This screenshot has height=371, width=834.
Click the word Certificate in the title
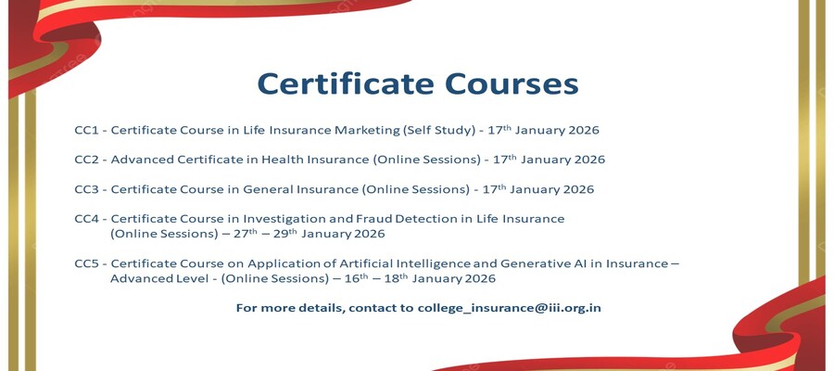347,83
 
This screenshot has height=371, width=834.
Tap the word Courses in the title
512,84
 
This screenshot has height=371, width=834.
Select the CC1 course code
87,131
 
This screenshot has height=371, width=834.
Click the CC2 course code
87,160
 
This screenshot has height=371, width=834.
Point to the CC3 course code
87,189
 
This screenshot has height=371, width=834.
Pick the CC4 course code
87,219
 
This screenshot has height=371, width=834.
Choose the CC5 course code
87,263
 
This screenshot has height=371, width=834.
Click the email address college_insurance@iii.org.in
509,308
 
